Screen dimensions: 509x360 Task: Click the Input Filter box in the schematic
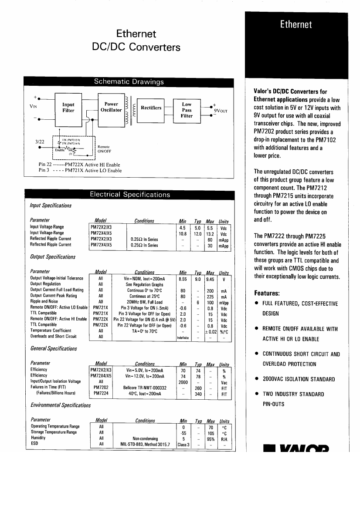pos(68,108)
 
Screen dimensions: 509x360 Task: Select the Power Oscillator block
pos(111,107)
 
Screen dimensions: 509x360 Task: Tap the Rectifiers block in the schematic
pos(151,108)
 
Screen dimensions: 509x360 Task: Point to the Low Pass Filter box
pos(187,110)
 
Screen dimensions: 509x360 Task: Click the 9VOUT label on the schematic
pos(219,111)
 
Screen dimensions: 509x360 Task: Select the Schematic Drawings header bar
pos(129,81)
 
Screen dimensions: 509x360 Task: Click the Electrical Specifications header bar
pos(129,195)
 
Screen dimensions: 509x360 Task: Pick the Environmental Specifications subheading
pos(60,405)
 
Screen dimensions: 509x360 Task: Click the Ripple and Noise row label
pos(44,302)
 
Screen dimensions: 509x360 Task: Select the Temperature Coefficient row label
pos(50,330)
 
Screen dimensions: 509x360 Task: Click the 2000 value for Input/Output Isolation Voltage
pos(183,382)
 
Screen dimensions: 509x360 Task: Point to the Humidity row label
pos(38,438)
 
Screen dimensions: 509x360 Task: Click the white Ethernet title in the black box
pos(296,24)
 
